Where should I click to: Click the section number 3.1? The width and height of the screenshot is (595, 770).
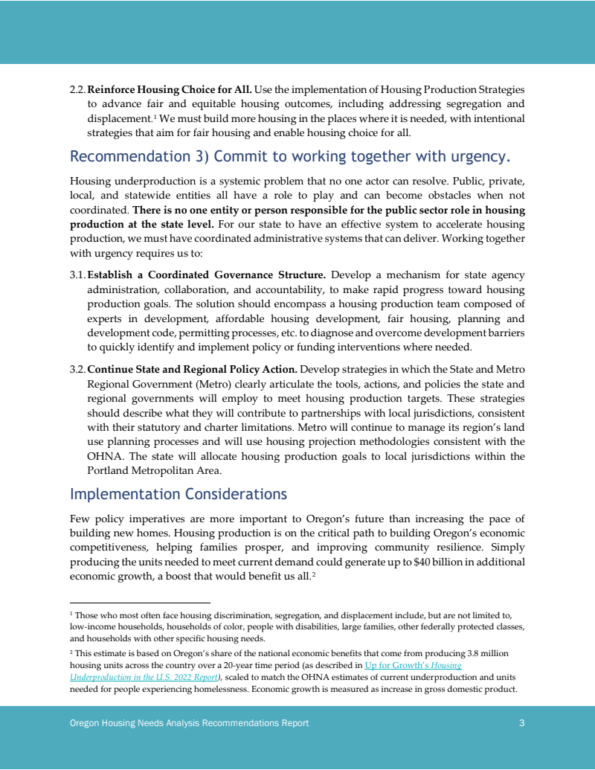pyautogui.click(x=77, y=275)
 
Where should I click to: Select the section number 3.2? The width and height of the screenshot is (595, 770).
pyautogui.click(x=77, y=370)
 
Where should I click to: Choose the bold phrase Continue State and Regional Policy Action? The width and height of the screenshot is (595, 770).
pyautogui.click(x=192, y=370)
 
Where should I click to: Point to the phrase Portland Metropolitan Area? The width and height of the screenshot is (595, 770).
pyautogui.click(x=147, y=470)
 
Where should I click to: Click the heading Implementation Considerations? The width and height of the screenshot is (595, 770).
pyautogui.click(x=178, y=495)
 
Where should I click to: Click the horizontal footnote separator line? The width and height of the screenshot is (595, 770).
pyautogui.click(x=140, y=603)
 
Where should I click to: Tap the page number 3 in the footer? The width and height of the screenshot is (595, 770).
pyautogui.click(x=522, y=723)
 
